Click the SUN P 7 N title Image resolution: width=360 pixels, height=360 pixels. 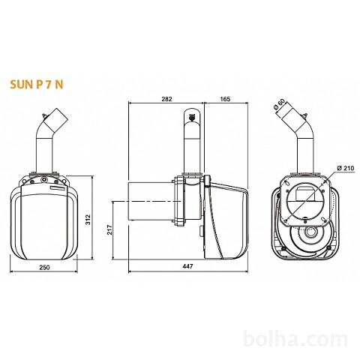tap(37, 85)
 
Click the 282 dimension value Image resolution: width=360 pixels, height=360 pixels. tap(166, 99)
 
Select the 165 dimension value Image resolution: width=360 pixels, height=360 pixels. tap(225, 99)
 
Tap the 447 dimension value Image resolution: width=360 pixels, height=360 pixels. tap(187, 266)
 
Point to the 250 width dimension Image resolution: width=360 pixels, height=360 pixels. tap(44, 267)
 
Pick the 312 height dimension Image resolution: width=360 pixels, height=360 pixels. tap(88, 220)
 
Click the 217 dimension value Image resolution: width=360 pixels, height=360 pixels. tap(109, 229)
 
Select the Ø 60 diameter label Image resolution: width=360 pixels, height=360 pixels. tap(279, 104)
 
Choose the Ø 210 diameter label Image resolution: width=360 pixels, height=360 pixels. tap(345, 168)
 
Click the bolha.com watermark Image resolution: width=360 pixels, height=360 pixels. tap(295, 339)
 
